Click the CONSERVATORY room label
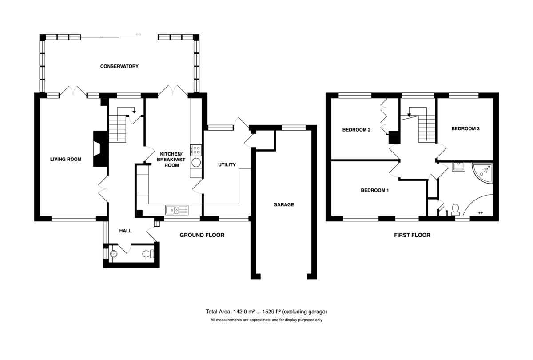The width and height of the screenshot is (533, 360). tap(119, 66)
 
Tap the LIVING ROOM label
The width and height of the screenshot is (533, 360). tap(66, 159)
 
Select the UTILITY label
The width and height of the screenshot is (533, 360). tap(227, 164)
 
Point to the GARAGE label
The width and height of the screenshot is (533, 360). tap(284, 204)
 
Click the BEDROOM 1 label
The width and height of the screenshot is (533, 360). tap(375, 190)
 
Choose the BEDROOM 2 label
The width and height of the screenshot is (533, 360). tap(356, 130)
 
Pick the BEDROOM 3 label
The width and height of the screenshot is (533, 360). tap(465, 128)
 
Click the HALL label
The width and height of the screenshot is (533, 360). tap(125, 231)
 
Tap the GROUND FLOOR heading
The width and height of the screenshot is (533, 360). tap(202, 235)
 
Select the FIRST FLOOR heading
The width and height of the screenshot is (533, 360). tap(412, 235)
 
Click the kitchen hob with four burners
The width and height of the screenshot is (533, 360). tap(195, 150)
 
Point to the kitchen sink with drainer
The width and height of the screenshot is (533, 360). tap(177, 210)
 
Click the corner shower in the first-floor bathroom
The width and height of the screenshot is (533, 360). tap(482, 173)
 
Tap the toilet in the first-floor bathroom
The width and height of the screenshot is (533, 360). tap(455, 209)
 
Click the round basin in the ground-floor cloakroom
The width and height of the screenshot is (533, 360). tap(114, 254)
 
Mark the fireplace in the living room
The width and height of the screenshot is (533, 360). tap(100, 149)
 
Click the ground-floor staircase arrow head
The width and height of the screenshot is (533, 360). tap(134, 112)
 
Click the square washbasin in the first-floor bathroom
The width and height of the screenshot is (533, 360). tap(458, 167)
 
